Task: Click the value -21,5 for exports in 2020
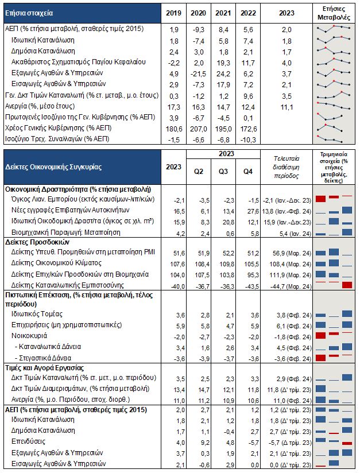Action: pos(199,73)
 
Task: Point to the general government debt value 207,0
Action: pos(199,128)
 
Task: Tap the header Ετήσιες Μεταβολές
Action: pos(334,13)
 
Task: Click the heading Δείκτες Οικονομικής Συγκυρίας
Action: pos(53,167)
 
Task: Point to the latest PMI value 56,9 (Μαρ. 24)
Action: pos(287,252)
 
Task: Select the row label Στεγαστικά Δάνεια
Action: pos(49,358)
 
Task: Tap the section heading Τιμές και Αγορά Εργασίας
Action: pos(45,367)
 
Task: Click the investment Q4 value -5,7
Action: pos(247,443)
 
